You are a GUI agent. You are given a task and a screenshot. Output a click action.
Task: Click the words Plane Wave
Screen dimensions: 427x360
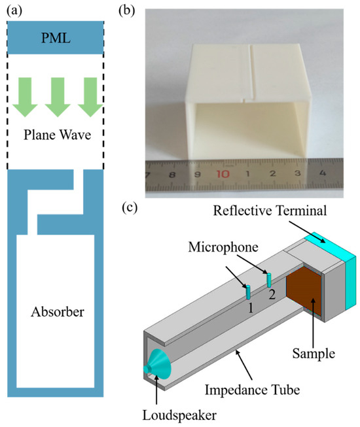(55, 137)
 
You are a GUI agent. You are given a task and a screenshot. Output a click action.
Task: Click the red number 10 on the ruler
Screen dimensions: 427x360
(223, 175)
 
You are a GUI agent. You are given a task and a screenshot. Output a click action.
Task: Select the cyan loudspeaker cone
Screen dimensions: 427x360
(157, 363)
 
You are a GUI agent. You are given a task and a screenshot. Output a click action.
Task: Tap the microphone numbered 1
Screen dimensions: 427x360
(249, 290)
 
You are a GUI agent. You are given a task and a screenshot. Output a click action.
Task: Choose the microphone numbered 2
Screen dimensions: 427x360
(268, 279)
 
